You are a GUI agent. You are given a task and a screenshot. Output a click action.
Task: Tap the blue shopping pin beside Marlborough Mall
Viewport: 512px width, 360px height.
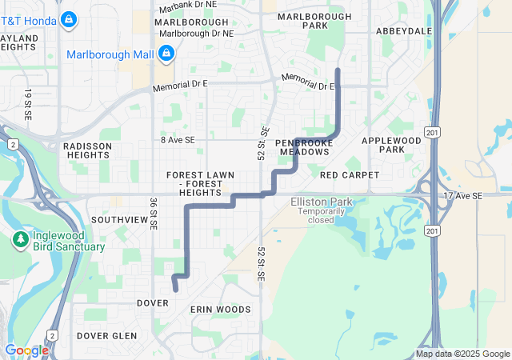166,54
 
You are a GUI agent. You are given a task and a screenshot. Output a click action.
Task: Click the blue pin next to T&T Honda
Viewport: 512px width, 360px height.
69,17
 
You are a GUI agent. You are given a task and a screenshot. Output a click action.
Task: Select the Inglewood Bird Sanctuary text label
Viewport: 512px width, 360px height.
68,241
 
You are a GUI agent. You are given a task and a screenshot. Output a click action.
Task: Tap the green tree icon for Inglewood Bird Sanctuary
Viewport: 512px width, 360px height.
20,238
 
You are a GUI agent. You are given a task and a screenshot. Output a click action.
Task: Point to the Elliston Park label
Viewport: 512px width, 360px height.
319,202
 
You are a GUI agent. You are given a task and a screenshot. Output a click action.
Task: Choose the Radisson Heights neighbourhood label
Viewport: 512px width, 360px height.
86,150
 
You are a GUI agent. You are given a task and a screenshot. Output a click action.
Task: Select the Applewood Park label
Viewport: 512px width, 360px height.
390,145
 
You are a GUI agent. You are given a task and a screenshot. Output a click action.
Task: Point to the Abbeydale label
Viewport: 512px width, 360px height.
404,31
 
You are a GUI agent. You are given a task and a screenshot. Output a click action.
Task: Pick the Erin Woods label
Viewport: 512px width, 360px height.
220,309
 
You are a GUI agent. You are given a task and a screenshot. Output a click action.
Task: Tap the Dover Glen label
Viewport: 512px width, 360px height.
106,336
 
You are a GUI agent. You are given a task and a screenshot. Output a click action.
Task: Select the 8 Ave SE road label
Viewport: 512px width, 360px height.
177,139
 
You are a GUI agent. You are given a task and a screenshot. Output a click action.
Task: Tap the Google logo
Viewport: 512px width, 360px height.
26,350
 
